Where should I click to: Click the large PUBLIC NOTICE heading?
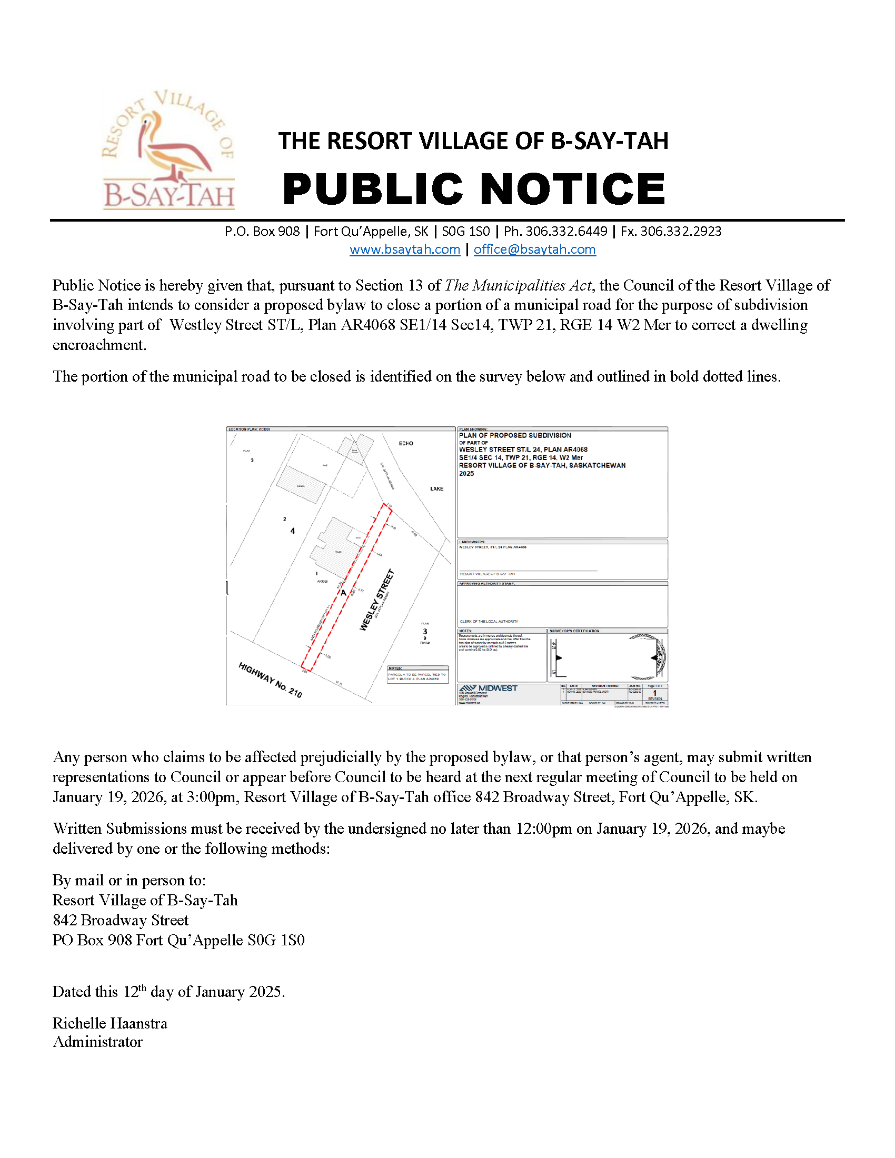[473, 189]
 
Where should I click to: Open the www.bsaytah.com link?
[404, 249]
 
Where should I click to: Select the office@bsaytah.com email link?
[534, 249]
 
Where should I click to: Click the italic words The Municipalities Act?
[518, 286]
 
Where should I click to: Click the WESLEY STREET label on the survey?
[377, 600]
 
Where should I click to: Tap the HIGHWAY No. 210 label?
[270, 680]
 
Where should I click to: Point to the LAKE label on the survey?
[436, 489]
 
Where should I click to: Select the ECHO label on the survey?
[405, 443]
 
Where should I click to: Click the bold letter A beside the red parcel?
[343, 593]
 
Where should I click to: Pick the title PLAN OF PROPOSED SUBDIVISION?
[515, 435]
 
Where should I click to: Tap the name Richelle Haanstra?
[110, 1023]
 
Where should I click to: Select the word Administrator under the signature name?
[97, 1042]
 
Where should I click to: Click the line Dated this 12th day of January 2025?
[168, 992]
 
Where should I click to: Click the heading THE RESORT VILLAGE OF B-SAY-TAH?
[473, 141]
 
